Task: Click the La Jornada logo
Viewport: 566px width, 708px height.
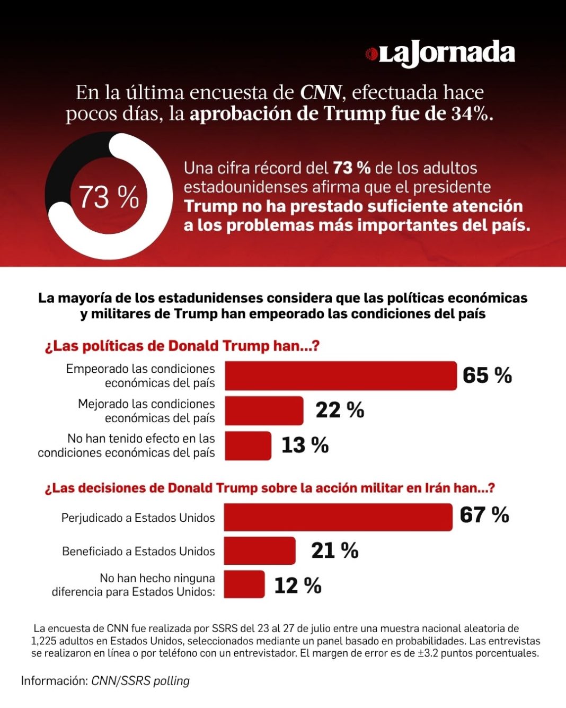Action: click(440, 54)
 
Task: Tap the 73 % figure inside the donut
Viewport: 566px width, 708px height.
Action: click(109, 197)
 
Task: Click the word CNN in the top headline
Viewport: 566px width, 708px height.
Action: click(321, 93)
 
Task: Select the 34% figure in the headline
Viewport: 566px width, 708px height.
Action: click(472, 114)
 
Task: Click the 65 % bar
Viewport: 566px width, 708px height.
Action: click(341, 375)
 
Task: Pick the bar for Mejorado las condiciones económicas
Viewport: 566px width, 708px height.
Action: click(264, 410)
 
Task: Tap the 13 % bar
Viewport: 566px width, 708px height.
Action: click(248, 446)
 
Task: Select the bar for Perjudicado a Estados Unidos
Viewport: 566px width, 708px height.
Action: click(338, 517)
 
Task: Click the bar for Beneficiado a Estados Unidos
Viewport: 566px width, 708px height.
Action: click(260, 550)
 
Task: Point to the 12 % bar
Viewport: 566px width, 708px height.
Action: click(244, 584)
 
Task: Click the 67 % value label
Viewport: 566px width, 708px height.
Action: click(484, 515)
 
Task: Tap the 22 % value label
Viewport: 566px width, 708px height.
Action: click(340, 410)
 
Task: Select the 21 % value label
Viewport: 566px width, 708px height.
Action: click(334, 550)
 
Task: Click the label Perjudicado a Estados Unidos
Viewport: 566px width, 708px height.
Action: click(138, 518)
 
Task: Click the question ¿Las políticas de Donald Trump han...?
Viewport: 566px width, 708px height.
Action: click(182, 346)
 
